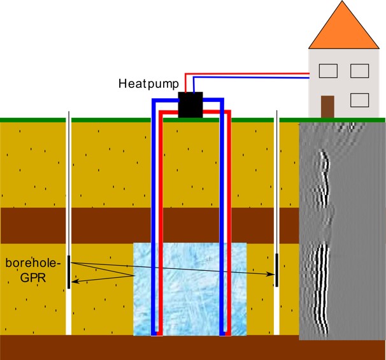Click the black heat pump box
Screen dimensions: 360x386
pos(190,104)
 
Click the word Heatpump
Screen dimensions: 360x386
pos(147,83)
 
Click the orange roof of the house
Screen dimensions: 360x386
pos(343,29)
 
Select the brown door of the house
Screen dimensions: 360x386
pos(328,106)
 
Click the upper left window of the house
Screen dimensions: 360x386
pos(328,69)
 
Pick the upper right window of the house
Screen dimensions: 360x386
pos(360,69)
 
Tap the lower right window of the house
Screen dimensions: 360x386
pos(360,100)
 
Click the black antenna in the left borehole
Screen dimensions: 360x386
pos(68,271)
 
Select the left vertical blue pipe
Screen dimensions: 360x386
pos(153,217)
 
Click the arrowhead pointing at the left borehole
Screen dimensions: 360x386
pos(74,280)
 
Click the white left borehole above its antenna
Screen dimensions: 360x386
pos(68,191)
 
